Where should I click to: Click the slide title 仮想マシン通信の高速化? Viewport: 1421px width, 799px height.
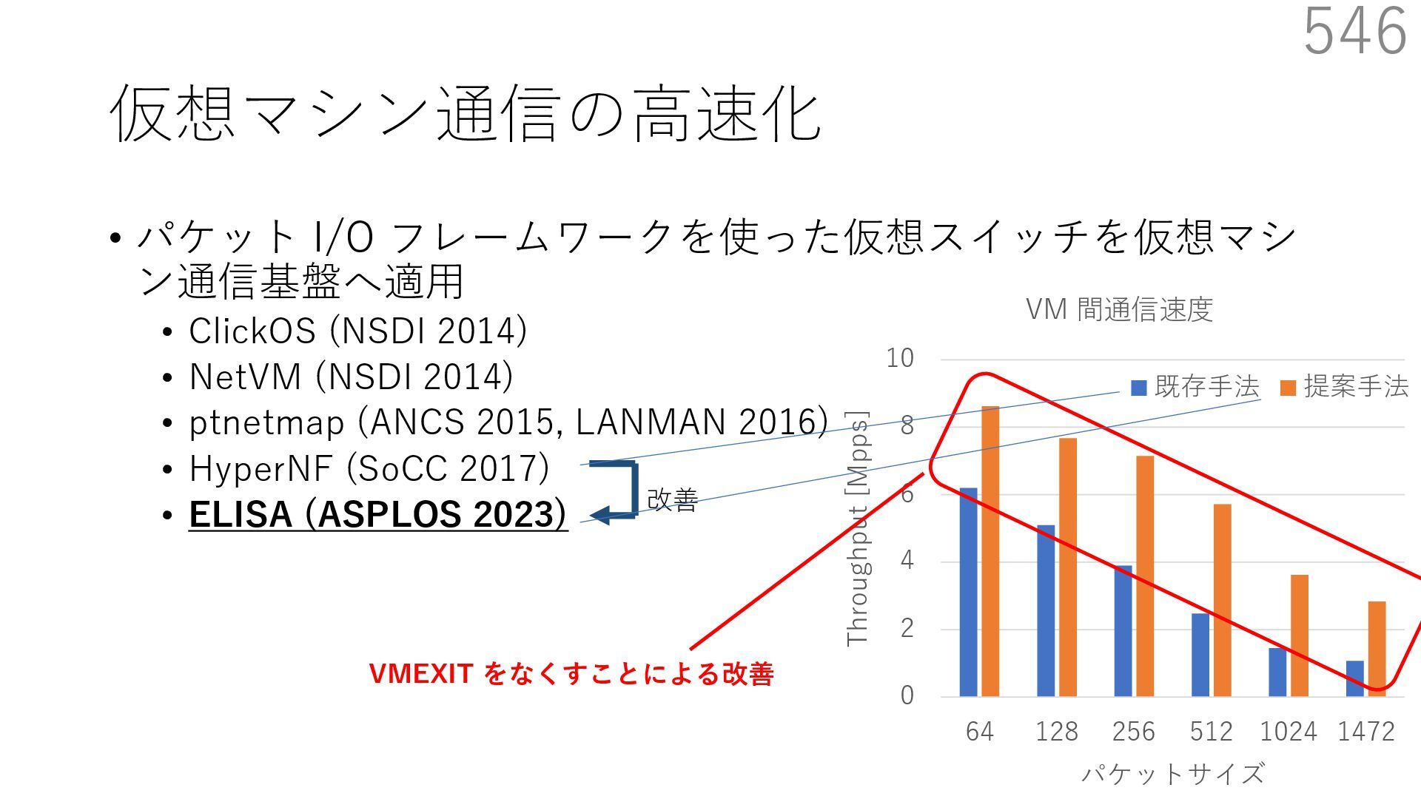pyautogui.click(x=465, y=114)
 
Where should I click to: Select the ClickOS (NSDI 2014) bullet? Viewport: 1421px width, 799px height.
pyautogui.click(x=357, y=331)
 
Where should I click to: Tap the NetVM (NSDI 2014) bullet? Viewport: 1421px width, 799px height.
pyautogui.click(x=351, y=377)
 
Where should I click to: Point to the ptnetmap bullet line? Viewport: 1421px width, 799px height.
pyautogui.click(x=508, y=422)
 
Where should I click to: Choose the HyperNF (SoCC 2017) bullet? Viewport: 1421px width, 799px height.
pyautogui.click(x=369, y=468)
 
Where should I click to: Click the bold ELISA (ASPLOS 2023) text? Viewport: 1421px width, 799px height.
pyautogui.click(x=377, y=514)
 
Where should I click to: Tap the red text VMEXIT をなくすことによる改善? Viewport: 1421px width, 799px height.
pyautogui.click(x=571, y=673)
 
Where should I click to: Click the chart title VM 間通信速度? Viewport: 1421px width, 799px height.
pyautogui.click(x=1119, y=309)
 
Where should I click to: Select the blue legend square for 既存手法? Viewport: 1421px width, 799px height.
pyautogui.click(x=1139, y=388)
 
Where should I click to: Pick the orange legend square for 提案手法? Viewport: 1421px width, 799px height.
pyautogui.click(x=1288, y=388)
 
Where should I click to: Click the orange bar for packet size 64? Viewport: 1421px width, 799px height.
pyautogui.click(x=990, y=551)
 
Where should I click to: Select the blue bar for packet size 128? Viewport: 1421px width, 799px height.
pyautogui.click(x=1046, y=610)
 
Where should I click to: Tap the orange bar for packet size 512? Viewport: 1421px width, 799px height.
pyautogui.click(x=1222, y=600)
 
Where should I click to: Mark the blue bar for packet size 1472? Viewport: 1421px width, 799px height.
pyautogui.click(x=1354, y=678)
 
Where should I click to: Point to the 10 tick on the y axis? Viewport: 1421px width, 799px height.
pyautogui.click(x=900, y=359)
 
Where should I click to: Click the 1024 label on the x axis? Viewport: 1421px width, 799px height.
pyautogui.click(x=1288, y=732)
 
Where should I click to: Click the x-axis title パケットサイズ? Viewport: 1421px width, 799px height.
pyautogui.click(x=1173, y=774)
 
